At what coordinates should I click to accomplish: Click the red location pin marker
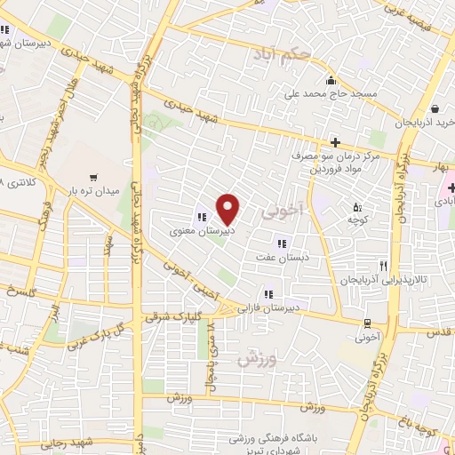[x=228, y=210]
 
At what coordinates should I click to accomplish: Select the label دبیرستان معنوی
[x=203, y=231]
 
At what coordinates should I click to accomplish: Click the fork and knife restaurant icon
[x=384, y=264]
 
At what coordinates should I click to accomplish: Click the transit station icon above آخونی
[x=366, y=323]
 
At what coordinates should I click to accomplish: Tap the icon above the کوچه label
[x=357, y=207]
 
